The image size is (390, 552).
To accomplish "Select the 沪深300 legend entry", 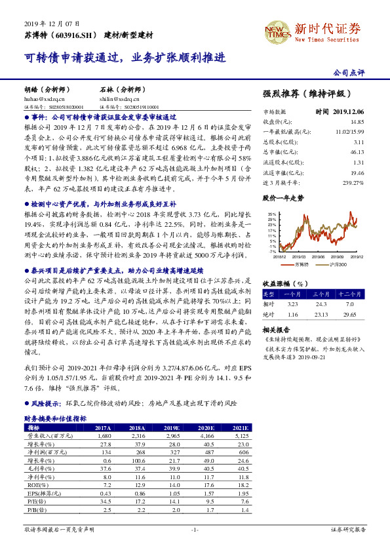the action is coord(338,264).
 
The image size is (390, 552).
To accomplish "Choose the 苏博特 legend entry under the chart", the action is coord(303,264).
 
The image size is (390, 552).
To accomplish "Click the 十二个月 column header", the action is coord(349,294).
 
